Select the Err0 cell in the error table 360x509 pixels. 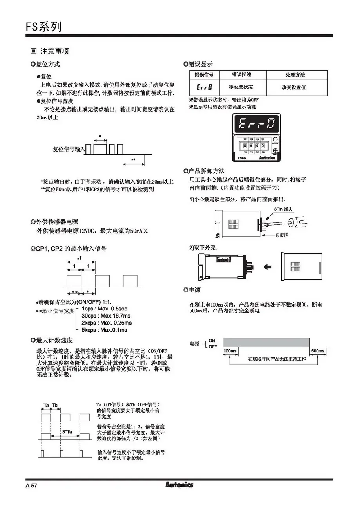coord(204,87)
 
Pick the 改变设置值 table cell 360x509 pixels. coord(294,87)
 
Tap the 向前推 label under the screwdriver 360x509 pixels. coord(281,235)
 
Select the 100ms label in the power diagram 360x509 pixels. coord(230,351)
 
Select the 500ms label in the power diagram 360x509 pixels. coord(318,351)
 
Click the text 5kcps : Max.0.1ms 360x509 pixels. coord(104,330)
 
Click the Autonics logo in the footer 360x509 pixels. coord(179,485)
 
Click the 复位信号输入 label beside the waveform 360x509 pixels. coord(69,149)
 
